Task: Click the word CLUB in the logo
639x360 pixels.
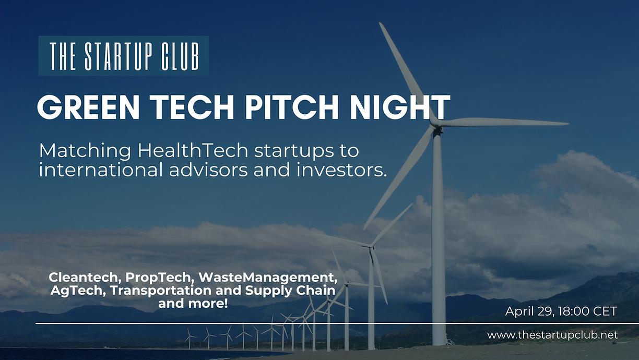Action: tap(180, 56)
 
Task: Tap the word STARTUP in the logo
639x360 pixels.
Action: tap(117, 56)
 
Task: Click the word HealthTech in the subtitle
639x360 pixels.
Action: tap(193, 151)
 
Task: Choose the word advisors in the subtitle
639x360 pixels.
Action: tap(208, 170)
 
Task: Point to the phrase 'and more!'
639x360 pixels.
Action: tap(193, 303)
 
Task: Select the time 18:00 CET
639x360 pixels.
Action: tap(588, 311)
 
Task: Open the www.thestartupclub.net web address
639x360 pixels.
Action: tap(552, 335)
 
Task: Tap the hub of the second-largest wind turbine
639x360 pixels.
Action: tap(370, 246)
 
